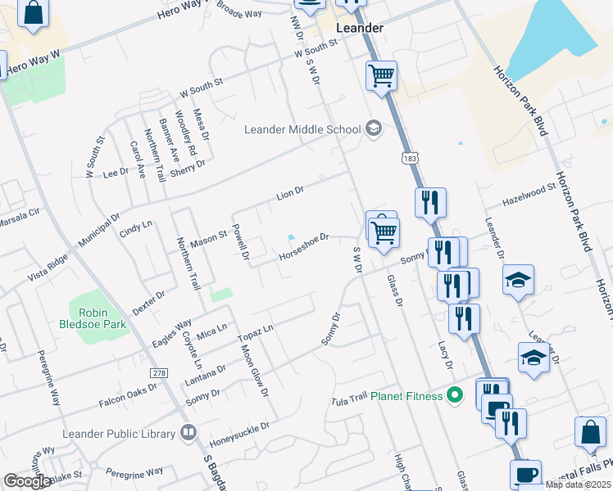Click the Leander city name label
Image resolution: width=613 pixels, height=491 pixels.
360,28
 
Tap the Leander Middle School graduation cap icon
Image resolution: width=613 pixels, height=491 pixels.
374,128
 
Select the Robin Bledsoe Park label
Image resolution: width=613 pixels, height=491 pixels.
102,318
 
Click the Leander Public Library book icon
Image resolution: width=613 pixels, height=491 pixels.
189,433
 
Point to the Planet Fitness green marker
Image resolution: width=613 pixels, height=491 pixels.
456,397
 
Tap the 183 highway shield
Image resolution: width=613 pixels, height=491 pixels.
406,156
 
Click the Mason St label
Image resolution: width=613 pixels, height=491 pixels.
208,240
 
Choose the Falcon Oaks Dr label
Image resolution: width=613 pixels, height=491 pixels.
128,394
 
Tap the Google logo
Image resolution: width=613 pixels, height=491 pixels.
27,480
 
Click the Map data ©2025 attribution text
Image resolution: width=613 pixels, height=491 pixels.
577,484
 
